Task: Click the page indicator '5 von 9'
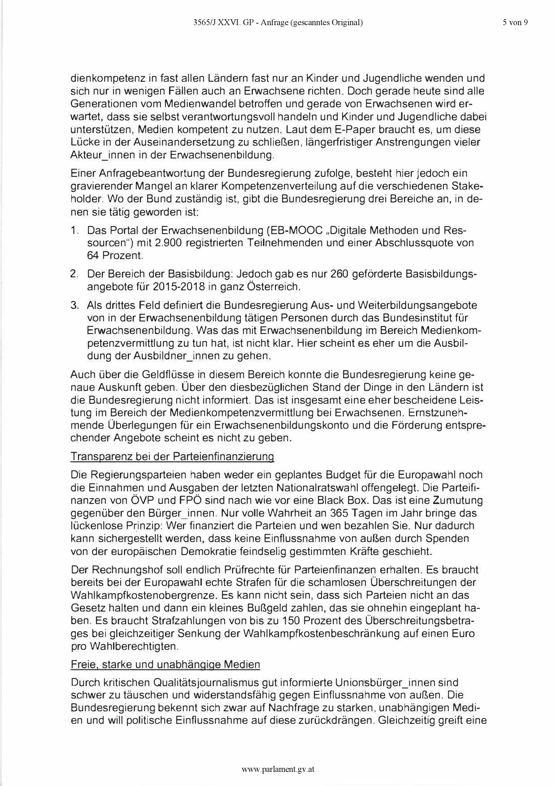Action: [x=515, y=23]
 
